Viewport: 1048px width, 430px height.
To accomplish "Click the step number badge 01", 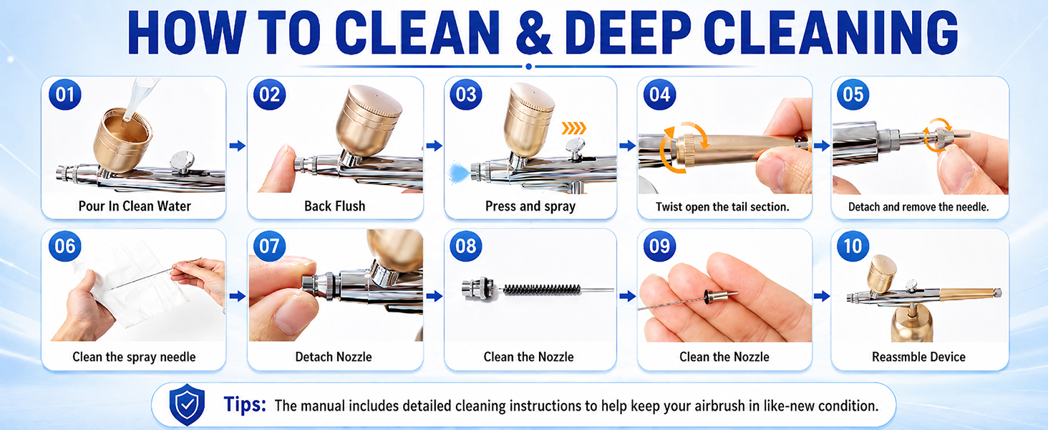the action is point(65,95).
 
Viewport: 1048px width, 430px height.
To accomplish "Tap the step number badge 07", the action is point(269,247).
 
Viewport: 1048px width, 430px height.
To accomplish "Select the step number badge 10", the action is point(853,247).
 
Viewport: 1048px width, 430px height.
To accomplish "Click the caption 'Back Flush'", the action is point(334,206).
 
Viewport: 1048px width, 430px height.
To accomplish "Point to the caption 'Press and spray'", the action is point(530,206).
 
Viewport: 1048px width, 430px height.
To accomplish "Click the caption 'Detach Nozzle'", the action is point(334,357).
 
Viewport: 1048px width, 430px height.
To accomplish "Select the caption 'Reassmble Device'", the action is point(919,357).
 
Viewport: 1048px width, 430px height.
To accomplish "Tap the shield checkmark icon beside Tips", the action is point(187,404).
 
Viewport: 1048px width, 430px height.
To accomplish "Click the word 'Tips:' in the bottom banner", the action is point(245,404).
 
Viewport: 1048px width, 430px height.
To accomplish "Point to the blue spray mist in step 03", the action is point(457,173).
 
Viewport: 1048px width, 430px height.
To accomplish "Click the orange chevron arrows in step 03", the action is point(573,128).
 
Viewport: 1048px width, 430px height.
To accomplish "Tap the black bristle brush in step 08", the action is point(542,290).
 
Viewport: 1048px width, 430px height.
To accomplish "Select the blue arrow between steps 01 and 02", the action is point(238,145).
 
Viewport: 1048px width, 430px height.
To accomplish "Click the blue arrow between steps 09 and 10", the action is point(822,296).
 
